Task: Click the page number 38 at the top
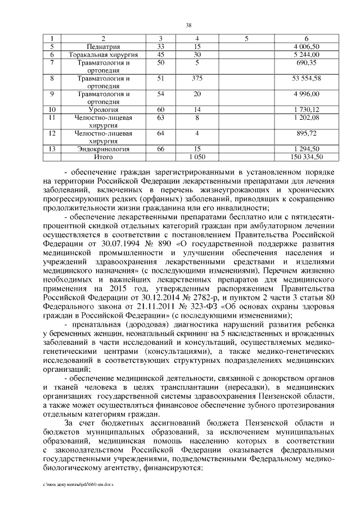point(189,25)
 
